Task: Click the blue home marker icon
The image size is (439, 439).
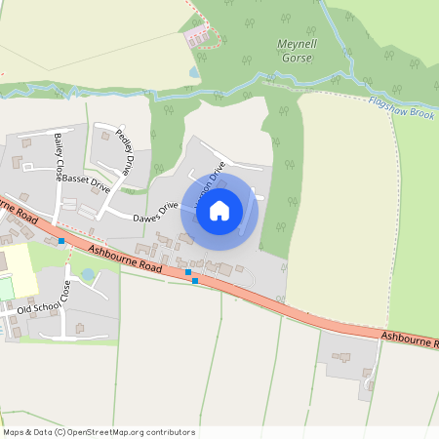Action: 219,210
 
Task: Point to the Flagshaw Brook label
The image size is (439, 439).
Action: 401,106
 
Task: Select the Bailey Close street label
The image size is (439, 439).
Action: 60,158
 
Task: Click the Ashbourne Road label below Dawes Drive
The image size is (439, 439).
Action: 124,257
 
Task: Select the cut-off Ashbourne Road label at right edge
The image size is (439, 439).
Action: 410,340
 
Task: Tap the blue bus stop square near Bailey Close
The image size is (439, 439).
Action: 61,240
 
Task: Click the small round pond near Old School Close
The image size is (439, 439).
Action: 88,275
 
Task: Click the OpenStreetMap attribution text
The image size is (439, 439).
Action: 98,432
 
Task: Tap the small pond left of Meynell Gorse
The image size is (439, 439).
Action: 195,71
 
